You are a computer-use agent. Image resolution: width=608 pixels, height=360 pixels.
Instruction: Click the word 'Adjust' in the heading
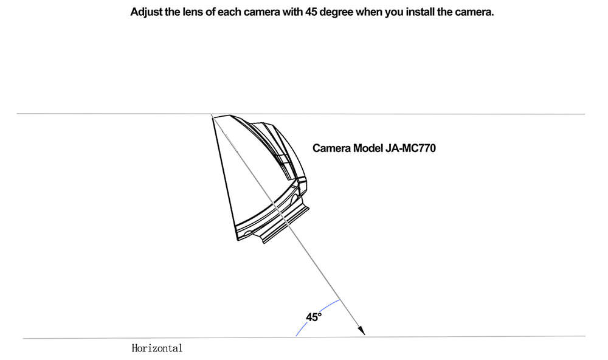146,12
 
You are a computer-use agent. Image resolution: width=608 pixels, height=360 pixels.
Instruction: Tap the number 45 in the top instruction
311,12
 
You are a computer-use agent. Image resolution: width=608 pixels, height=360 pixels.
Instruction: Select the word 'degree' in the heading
337,13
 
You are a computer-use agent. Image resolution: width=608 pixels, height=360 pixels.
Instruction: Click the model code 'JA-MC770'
410,148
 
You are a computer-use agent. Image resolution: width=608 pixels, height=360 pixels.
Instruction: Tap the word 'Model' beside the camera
368,148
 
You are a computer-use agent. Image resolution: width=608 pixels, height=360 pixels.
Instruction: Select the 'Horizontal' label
157,348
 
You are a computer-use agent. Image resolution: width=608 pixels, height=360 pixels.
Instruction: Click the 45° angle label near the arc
314,317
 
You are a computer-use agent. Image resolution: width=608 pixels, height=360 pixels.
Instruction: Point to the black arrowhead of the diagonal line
361,330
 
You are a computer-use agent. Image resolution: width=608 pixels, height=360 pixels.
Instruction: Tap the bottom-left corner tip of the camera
238,240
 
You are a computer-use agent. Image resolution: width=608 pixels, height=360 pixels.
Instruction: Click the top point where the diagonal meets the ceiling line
212,114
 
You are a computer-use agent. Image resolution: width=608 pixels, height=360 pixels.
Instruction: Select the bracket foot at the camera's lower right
285,226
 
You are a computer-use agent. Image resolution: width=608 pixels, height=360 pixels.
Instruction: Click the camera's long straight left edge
224,178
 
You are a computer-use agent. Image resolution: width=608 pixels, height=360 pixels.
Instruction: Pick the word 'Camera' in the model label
332,148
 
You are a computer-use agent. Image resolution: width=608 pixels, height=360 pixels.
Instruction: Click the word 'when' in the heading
369,12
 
